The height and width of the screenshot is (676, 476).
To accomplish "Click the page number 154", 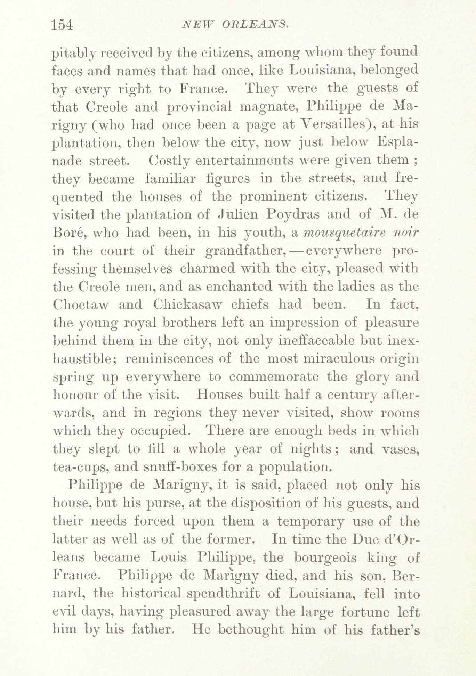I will (62, 25).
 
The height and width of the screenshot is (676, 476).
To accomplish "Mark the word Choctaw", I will (81, 304).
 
